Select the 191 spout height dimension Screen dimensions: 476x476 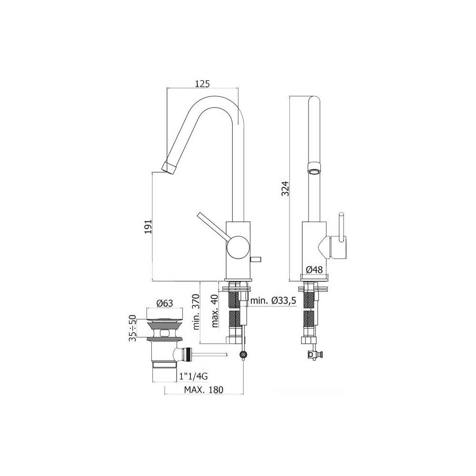pyautogui.click(x=148, y=227)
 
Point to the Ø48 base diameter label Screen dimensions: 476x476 pyautogui.click(x=314, y=270)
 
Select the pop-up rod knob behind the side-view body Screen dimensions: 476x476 pyautogui.click(x=256, y=260)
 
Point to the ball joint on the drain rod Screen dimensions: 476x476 pyautogui.click(x=244, y=355)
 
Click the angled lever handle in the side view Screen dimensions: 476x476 pyautogui.click(x=212, y=225)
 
